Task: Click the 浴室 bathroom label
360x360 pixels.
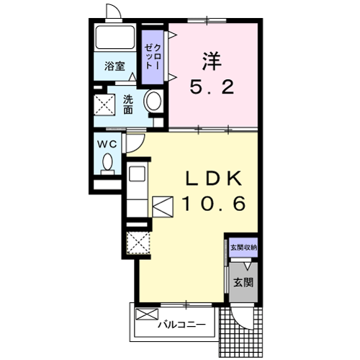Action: pos(114,66)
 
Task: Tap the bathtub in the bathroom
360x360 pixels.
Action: pos(114,37)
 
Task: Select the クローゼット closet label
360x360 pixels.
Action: pos(153,57)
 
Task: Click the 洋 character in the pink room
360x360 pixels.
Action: pos(212,61)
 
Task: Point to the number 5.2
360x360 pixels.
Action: pos(212,87)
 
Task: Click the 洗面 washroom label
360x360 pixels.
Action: pos(128,104)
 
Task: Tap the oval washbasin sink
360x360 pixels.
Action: pos(153,101)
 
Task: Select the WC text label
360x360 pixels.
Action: pos(107,144)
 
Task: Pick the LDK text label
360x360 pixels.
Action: pos(214,179)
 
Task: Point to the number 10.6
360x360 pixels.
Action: pos(214,204)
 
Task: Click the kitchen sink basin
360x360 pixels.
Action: pos(137,174)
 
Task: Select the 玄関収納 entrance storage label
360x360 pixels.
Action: pos(243,248)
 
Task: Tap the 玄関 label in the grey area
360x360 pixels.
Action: pos(243,282)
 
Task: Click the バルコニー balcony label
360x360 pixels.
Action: pos(181,325)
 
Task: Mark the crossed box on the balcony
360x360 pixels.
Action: pos(147,314)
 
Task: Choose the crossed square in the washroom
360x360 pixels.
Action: pos(104,104)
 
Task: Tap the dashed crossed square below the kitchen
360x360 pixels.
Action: pos(138,243)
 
